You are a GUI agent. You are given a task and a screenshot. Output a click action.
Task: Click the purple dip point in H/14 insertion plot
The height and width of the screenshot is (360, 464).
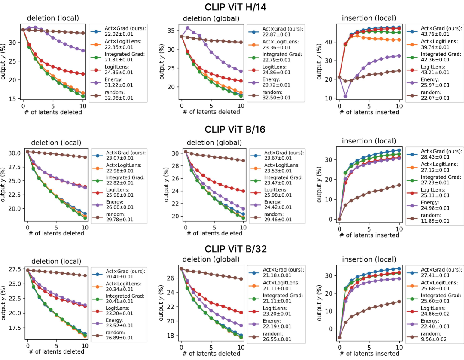click(x=345, y=96)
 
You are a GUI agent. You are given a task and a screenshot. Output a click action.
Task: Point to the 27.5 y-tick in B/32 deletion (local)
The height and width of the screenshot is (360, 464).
click(x=13, y=269)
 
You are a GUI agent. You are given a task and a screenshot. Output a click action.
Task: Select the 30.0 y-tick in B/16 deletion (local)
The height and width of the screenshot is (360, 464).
click(x=13, y=153)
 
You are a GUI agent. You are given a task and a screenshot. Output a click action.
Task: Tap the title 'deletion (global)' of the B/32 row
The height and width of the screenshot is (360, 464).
click(x=211, y=259)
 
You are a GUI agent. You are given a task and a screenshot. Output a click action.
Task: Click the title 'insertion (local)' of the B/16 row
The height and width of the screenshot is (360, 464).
click(x=369, y=141)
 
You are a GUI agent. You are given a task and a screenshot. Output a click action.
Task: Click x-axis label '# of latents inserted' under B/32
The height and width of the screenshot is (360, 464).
click(x=369, y=353)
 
